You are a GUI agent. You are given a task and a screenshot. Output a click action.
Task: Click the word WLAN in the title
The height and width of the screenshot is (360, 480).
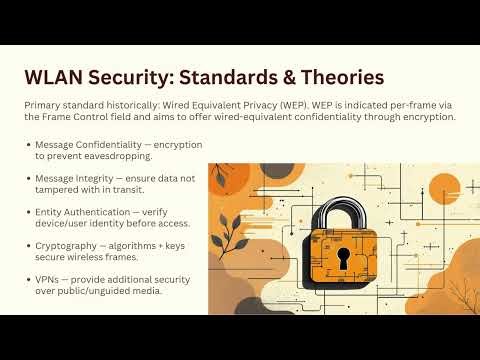click(56, 76)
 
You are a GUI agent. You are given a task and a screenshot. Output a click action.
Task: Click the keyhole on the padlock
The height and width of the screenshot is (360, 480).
click(342, 258)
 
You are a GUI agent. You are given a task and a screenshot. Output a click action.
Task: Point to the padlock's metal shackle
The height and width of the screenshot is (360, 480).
click(342, 211)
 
